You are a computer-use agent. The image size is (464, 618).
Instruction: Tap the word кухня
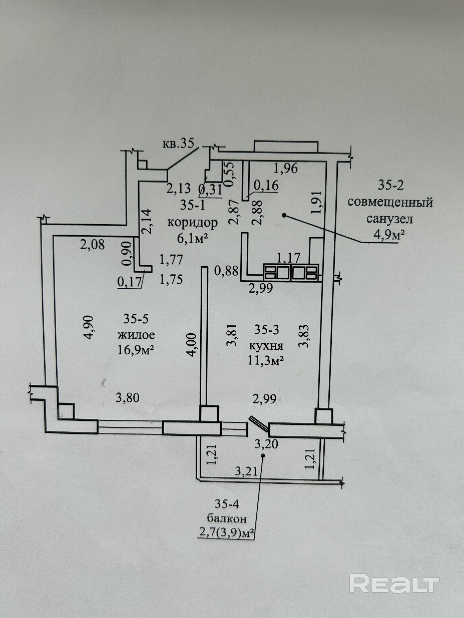point(266,346)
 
